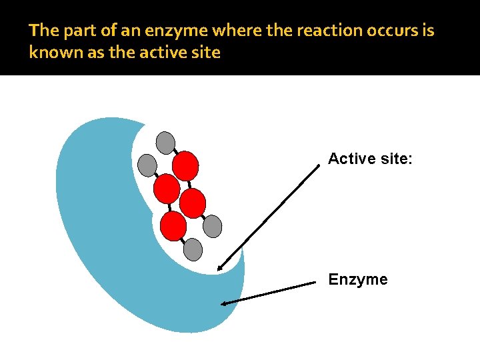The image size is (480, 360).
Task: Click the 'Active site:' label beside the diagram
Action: click(371, 159)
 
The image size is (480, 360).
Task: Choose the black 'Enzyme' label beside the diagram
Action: click(357, 279)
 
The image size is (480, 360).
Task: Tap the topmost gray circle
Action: click(165, 143)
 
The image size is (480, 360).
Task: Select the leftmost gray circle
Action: click(147, 165)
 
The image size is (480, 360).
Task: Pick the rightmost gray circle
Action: click(212, 227)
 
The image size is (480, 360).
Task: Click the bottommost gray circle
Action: click(193, 249)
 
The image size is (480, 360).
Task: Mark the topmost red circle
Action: click(185, 166)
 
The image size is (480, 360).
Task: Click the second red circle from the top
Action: click(167, 189)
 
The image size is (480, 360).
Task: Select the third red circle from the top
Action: click(193, 203)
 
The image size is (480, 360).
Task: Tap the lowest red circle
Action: click(173, 226)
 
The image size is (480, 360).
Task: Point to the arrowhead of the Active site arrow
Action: click(219, 268)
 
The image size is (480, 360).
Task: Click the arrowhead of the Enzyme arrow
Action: click(224, 304)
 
